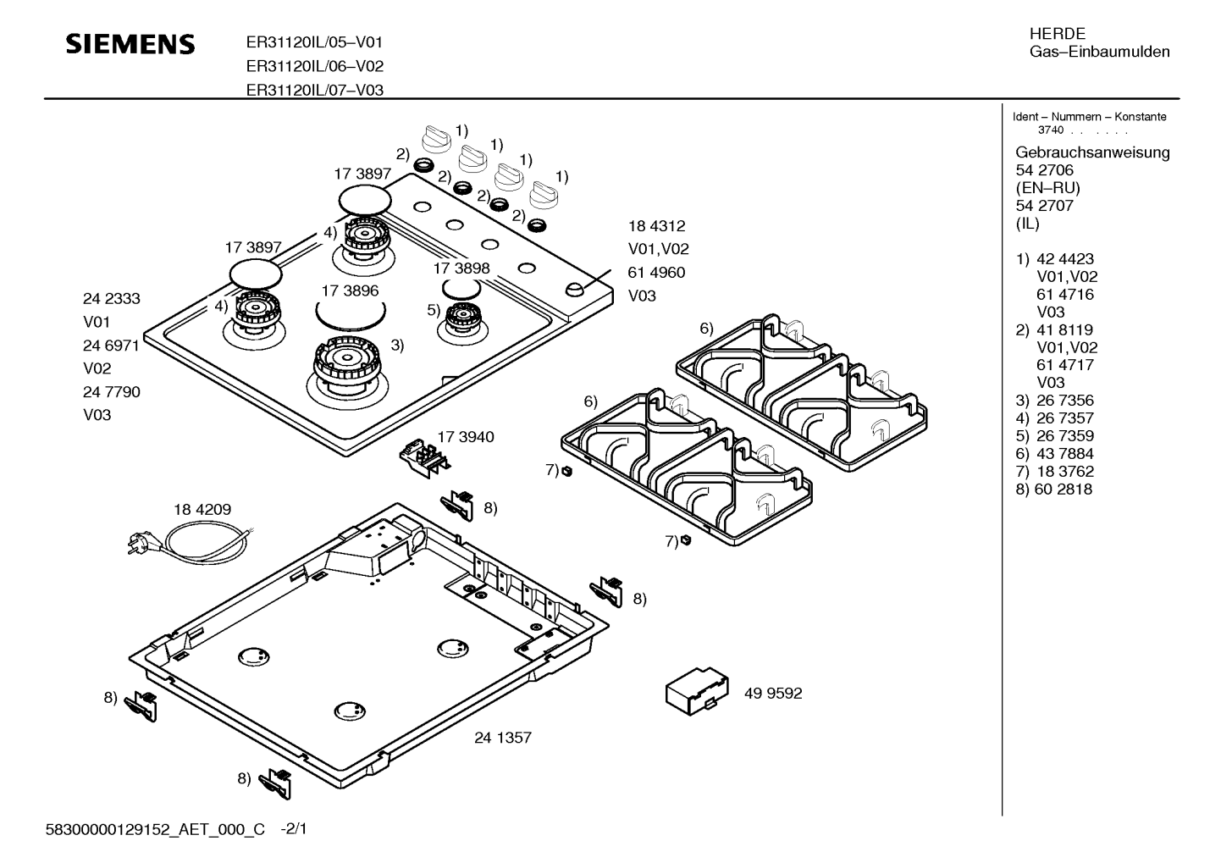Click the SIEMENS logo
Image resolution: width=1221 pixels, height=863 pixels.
click(x=130, y=44)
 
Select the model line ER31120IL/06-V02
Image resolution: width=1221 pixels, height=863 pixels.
click(x=314, y=66)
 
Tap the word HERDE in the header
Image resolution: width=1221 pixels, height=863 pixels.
click(x=1057, y=34)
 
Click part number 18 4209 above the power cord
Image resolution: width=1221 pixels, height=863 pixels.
click(x=202, y=510)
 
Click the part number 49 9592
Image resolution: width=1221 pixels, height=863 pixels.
click(x=772, y=694)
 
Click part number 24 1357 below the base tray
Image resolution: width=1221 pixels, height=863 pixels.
click(x=503, y=738)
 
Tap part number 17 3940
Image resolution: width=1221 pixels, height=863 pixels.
click(x=466, y=437)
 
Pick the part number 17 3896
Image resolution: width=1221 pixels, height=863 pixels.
click(x=350, y=290)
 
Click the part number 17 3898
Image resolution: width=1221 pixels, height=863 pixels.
click(x=461, y=268)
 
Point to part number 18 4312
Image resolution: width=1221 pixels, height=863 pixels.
click(x=656, y=226)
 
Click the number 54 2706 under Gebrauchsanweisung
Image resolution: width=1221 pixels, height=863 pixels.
click(x=1044, y=170)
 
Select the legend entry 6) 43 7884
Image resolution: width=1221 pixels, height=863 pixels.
click(x=1054, y=454)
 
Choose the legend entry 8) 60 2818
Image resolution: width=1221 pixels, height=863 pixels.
click(x=1053, y=490)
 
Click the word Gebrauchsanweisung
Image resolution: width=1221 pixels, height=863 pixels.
click(x=1092, y=152)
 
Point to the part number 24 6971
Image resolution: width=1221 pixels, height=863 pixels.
click(x=111, y=346)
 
